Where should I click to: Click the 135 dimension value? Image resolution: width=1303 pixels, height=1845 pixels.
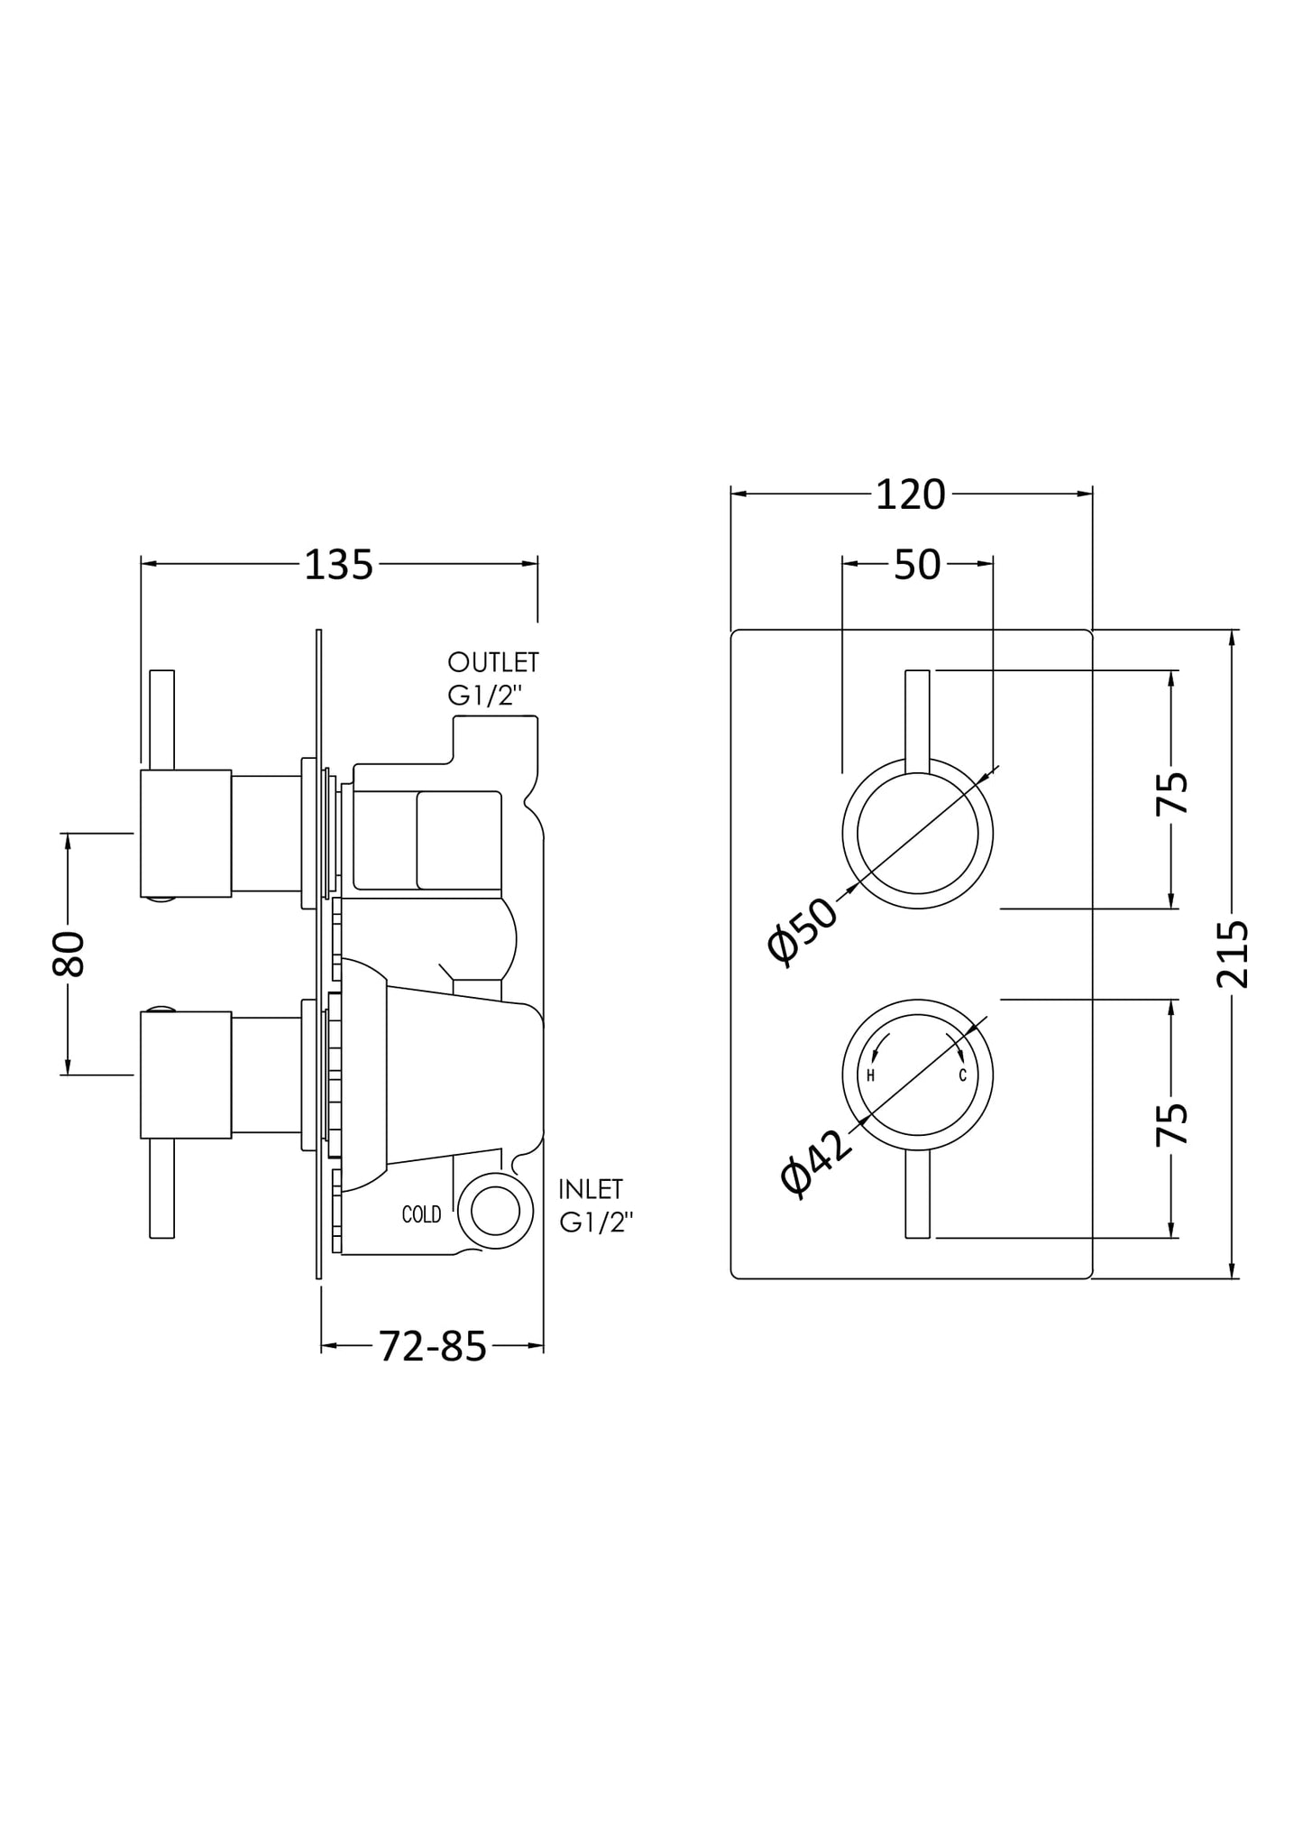coord(338,566)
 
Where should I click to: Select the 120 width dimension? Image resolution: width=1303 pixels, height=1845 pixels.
coord(910,495)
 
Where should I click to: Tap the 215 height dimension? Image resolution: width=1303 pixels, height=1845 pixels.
coord(1233,954)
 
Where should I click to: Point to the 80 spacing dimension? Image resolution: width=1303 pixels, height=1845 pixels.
coord(69,954)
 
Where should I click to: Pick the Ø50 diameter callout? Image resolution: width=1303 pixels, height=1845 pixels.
coord(802,931)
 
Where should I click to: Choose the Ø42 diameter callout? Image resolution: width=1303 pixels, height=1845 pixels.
coord(816,1163)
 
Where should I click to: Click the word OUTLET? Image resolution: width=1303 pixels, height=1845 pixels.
coord(493,662)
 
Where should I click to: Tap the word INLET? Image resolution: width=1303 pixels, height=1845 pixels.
coord(591,1188)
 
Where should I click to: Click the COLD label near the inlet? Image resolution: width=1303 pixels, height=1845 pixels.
coord(421,1215)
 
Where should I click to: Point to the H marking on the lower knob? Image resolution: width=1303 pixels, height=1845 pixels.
coord(870,1075)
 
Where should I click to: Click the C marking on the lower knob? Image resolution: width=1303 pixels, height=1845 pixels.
coord(962,1075)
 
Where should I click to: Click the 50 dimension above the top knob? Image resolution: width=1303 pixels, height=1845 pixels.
coord(917,565)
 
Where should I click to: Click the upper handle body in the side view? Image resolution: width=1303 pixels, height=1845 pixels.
coord(186,834)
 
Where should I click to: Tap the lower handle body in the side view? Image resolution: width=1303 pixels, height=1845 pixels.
coord(186,1075)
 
